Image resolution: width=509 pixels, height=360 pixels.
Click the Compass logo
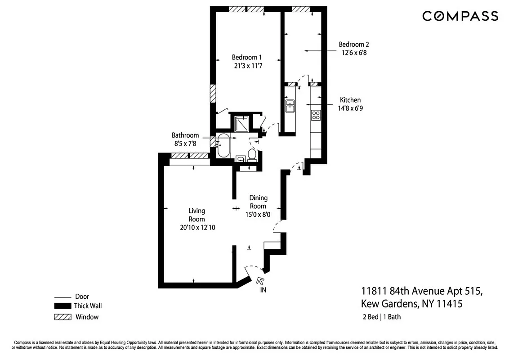tap(460, 16)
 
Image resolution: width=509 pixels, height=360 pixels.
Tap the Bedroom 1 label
tap(246, 57)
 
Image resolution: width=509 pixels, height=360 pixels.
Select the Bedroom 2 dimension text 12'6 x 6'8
tap(354, 52)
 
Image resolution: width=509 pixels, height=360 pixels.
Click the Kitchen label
tap(350, 100)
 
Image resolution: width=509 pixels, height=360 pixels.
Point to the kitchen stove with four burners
tap(316, 115)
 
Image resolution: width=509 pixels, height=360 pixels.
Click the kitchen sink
tap(290, 106)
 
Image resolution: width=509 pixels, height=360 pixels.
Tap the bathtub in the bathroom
tap(223, 146)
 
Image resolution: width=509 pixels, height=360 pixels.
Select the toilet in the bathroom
tap(252, 155)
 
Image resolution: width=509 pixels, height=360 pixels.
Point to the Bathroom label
tap(185, 135)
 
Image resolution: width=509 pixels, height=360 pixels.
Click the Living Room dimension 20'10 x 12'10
tap(197, 228)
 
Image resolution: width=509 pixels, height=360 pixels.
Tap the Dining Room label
tap(258, 202)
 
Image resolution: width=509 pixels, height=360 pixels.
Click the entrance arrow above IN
tap(260, 280)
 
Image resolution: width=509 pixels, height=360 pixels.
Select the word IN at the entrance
tap(263, 290)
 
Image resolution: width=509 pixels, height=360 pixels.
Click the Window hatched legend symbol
tap(63, 317)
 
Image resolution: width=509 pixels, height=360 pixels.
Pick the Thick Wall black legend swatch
tap(63, 306)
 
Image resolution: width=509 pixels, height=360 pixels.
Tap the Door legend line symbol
tap(63, 297)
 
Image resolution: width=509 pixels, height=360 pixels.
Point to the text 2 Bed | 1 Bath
tap(381, 317)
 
